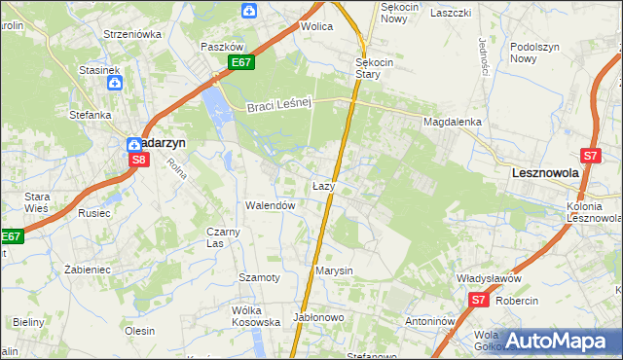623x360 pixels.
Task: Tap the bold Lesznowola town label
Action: (x=546, y=172)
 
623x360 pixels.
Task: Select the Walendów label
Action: (x=270, y=205)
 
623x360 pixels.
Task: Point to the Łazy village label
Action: (x=324, y=185)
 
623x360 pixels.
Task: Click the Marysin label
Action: (x=333, y=270)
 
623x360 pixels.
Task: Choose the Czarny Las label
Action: (x=223, y=237)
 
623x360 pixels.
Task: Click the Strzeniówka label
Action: (x=132, y=33)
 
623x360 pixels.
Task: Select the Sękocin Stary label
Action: (x=374, y=67)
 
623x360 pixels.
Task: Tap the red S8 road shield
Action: (x=138, y=160)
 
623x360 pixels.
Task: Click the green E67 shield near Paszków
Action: (x=242, y=63)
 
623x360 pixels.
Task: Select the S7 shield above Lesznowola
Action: (x=590, y=155)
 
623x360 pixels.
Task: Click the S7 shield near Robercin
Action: (x=478, y=301)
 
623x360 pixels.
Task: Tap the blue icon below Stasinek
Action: (x=114, y=84)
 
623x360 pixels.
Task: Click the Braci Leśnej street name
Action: (x=277, y=106)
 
